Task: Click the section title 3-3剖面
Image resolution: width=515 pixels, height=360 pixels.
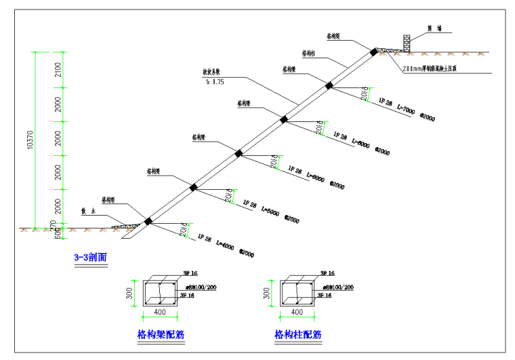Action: pos(90,258)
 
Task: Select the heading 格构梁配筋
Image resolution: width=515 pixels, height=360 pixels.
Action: pos(161,334)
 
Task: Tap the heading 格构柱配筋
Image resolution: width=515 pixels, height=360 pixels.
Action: pos(297,334)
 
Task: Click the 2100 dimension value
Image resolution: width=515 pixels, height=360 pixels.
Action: pos(59,69)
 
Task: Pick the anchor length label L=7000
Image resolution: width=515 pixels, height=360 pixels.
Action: pos(406,111)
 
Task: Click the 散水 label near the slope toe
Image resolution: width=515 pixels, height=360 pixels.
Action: pos(87,211)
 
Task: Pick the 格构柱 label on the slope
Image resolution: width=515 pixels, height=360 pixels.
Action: pos(309,52)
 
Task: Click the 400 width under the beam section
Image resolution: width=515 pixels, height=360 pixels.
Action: pos(159,313)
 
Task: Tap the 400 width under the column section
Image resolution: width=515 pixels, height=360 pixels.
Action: pos(297,313)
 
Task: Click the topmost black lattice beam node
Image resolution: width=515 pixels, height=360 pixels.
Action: pos(373,51)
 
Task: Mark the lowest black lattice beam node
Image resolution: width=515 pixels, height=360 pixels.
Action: pos(147,220)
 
